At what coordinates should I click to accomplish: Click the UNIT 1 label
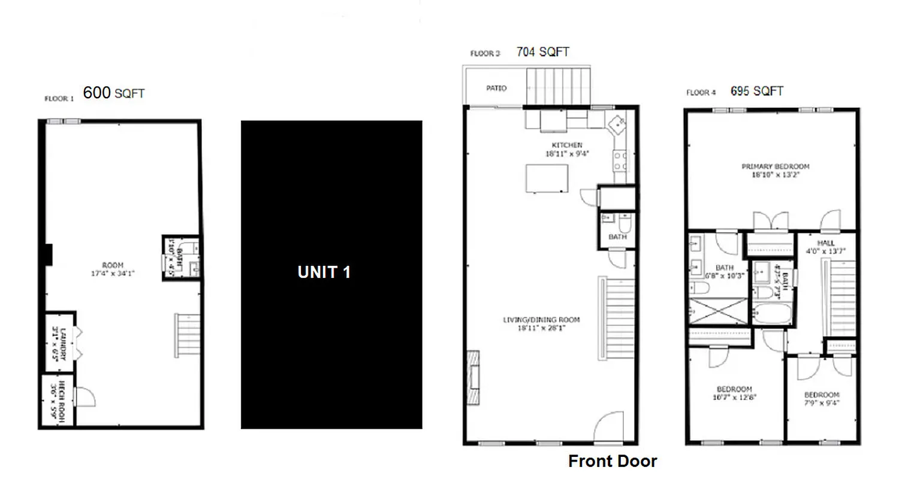click(x=324, y=272)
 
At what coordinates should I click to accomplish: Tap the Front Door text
click(x=613, y=462)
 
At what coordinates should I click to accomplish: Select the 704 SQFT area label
click(x=542, y=52)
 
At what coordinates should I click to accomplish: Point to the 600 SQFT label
click(x=113, y=93)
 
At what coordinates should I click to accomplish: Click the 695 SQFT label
click(x=757, y=91)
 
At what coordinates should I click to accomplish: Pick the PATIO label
click(x=496, y=89)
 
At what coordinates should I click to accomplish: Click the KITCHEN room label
click(x=567, y=145)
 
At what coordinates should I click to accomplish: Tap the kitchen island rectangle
click(x=547, y=178)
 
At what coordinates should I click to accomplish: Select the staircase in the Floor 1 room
click(x=187, y=335)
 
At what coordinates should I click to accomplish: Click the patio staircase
click(x=557, y=87)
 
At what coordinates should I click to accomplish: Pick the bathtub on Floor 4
click(x=771, y=313)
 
